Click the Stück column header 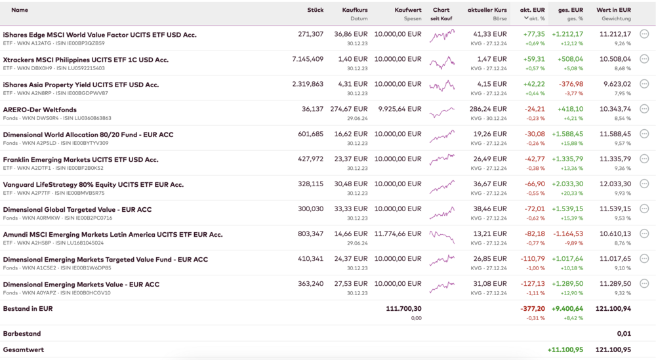(x=315, y=10)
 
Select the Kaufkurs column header (x=355, y=10)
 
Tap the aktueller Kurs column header (x=487, y=10)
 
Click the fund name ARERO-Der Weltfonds (x=40, y=110)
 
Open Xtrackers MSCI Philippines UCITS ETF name (x=86, y=60)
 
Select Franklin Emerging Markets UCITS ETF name (x=81, y=159)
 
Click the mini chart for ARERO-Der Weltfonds (x=441, y=113)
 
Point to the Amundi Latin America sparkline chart (x=441, y=237)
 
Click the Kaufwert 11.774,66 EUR (x=398, y=233)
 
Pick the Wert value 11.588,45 (x=613, y=134)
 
